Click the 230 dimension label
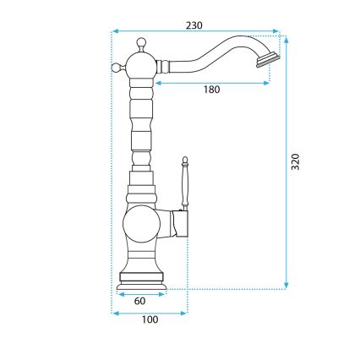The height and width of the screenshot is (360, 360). tap(195, 26)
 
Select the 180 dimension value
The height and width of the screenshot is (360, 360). tap(211, 90)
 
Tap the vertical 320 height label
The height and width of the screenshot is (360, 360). tap(295, 162)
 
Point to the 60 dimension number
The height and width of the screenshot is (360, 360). tap(139, 300)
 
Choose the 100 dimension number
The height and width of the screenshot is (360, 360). tap(150, 319)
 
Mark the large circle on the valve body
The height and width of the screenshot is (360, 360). tap(140, 226)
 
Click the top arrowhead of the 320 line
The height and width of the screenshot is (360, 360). tap(286, 38)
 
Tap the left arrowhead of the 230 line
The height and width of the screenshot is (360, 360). tap(115, 34)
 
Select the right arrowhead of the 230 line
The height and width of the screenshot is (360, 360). tap(278, 34)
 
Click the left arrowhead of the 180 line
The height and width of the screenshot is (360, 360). tap(155, 83)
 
